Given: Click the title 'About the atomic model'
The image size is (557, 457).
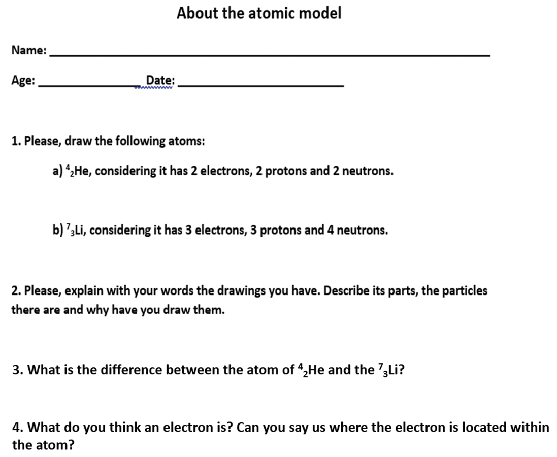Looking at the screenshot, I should (x=259, y=13).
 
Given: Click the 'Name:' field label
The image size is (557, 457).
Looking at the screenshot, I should (x=29, y=50).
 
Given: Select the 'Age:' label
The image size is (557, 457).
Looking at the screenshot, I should (x=23, y=80).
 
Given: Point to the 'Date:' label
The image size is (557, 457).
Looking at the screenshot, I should (x=160, y=81).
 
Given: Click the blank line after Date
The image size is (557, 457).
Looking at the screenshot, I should (x=262, y=85).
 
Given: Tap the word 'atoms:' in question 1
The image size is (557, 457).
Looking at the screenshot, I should (x=188, y=140).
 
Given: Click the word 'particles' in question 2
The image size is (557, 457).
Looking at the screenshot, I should (x=464, y=291).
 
